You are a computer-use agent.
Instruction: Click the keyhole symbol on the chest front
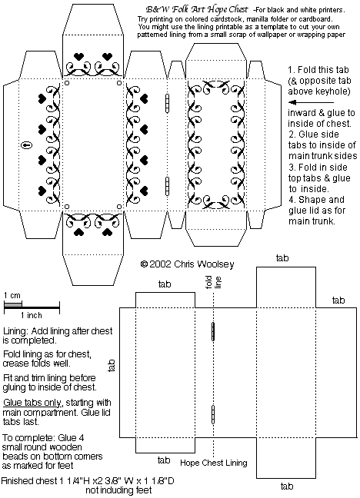[x=27, y=145]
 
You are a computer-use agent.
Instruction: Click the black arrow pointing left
[x=312, y=102]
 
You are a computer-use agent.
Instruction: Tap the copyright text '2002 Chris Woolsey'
[x=192, y=264]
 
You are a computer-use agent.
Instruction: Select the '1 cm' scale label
[x=12, y=295]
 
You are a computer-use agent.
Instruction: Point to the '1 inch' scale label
[x=32, y=315]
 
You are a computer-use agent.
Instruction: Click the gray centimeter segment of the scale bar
[x=13, y=305]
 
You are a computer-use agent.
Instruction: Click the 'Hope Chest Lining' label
[x=214, y=463]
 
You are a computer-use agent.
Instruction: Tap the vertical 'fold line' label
[x=213, y=282]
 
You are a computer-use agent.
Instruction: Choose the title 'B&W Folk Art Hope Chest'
[x=197, y=10]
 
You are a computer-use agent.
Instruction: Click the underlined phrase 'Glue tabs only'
[x=32, y=403]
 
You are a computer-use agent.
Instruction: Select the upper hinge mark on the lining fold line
[x=213, y=331]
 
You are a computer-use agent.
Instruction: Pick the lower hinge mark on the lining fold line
[x=213, y=414]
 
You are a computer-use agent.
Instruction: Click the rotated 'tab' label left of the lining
[x=111, y=366]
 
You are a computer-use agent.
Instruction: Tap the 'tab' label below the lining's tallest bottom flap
[x=287, y=486]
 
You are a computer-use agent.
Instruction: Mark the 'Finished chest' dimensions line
[x=88, y=481]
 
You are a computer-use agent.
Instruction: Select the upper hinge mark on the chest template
[x=167, y=103]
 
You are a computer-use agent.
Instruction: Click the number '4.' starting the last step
[x=292, y=200]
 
